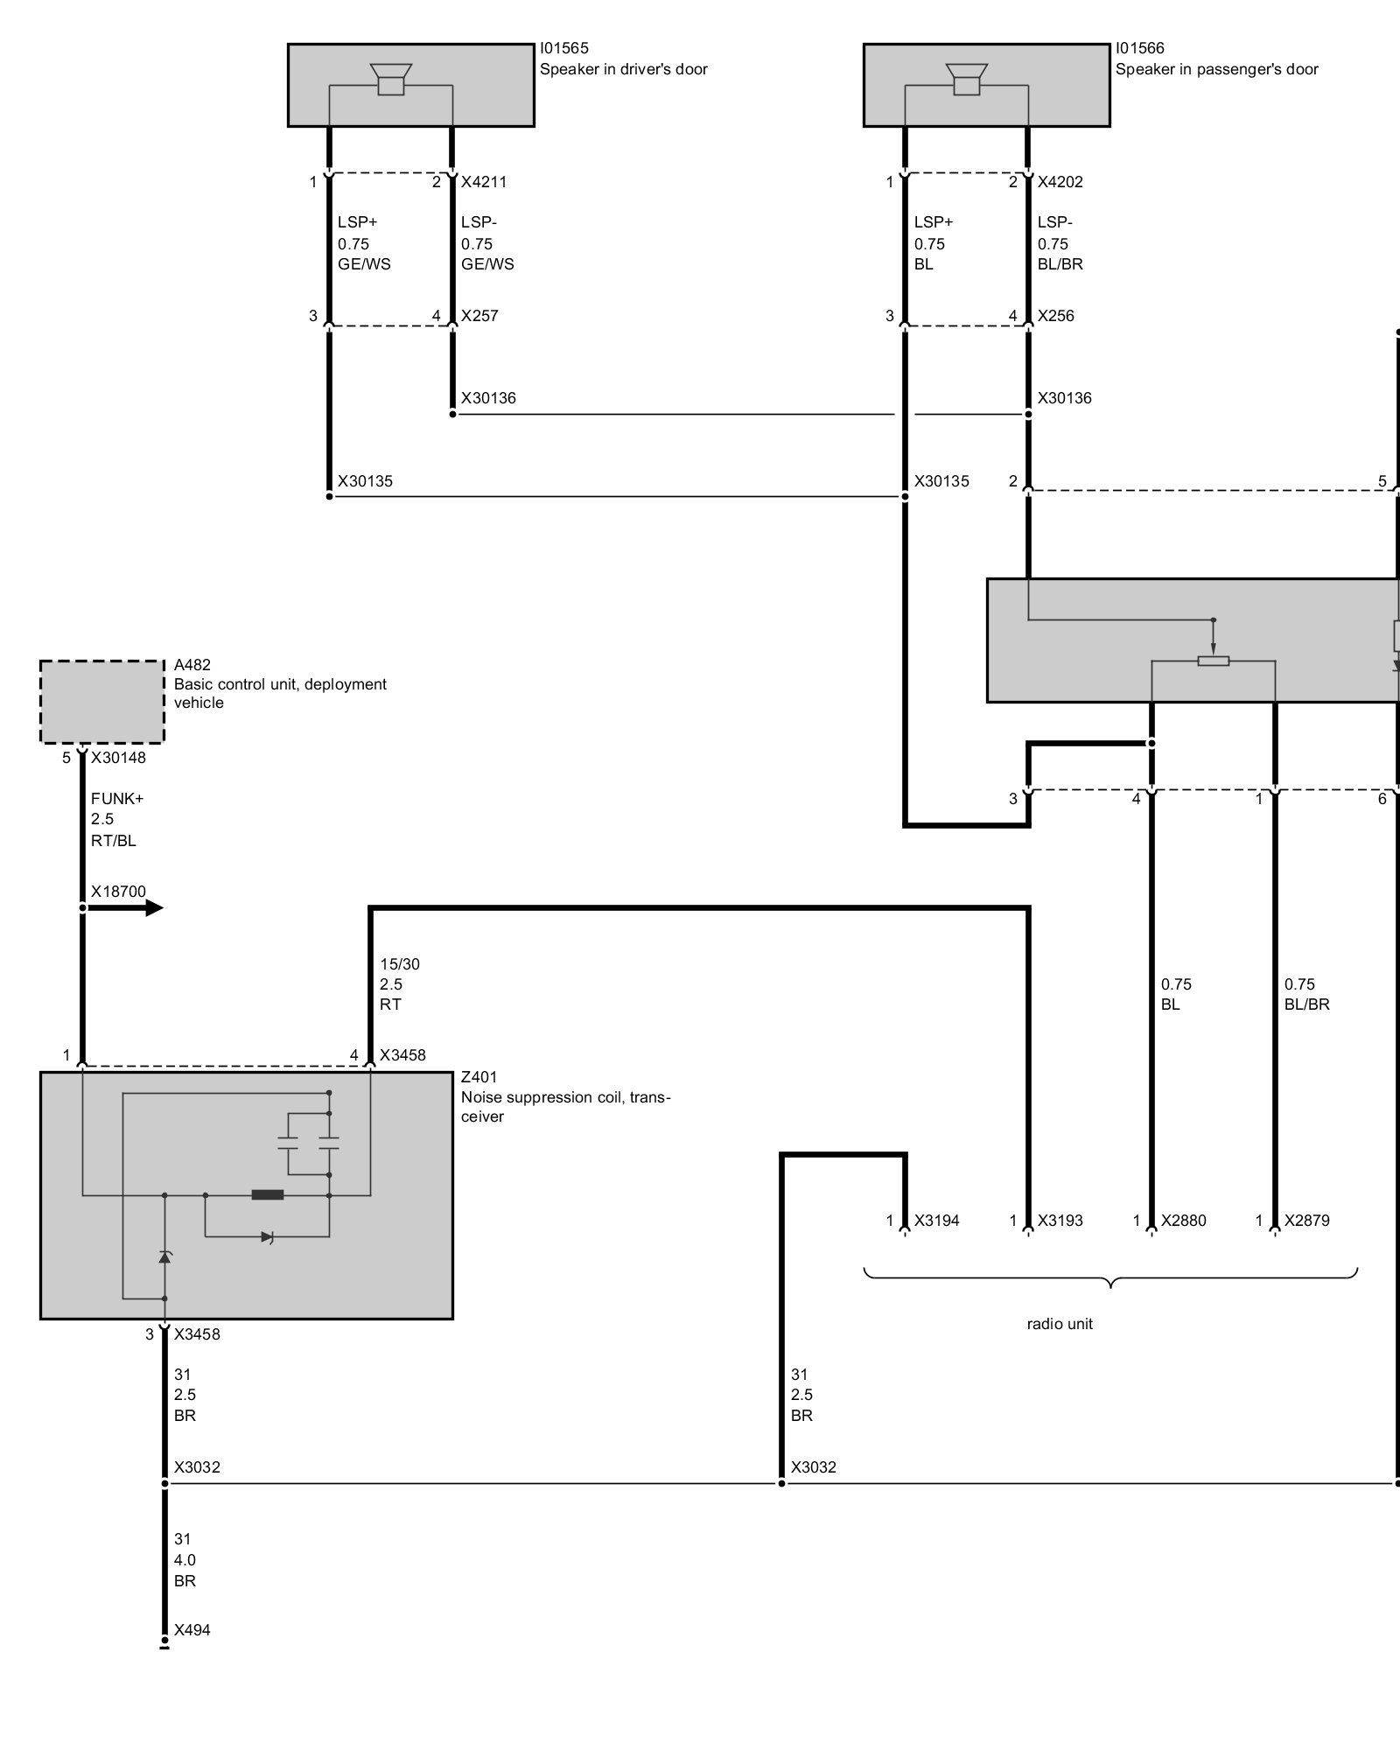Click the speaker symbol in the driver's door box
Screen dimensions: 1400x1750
coord(390,79)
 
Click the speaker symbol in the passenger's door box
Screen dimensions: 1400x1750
coord(966,79)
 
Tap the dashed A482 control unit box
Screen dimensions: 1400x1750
coord(101,702)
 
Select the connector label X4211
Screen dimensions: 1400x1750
coord(484,182)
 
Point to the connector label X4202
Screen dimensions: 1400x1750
coord(1060,182)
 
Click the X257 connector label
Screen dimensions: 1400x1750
coord(479,316)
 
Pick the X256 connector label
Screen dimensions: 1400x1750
coord(1055,316)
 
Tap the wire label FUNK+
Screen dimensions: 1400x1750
coord(117,799)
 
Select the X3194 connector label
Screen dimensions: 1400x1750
coord(936,1221)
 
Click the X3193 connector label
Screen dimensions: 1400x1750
coord(1060,1221)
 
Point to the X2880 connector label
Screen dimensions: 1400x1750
coord(1183,1221)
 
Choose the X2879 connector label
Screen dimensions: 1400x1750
coord(1306,1221)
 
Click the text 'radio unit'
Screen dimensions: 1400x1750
coord(1060,1324)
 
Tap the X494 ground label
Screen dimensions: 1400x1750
coord(192,1630)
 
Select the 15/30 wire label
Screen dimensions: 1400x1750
coord(400,964)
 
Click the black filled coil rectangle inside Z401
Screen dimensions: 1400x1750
coord(268,1194)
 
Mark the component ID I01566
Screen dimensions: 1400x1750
coord(1140,49)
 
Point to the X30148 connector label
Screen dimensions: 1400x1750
coord(118,758)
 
